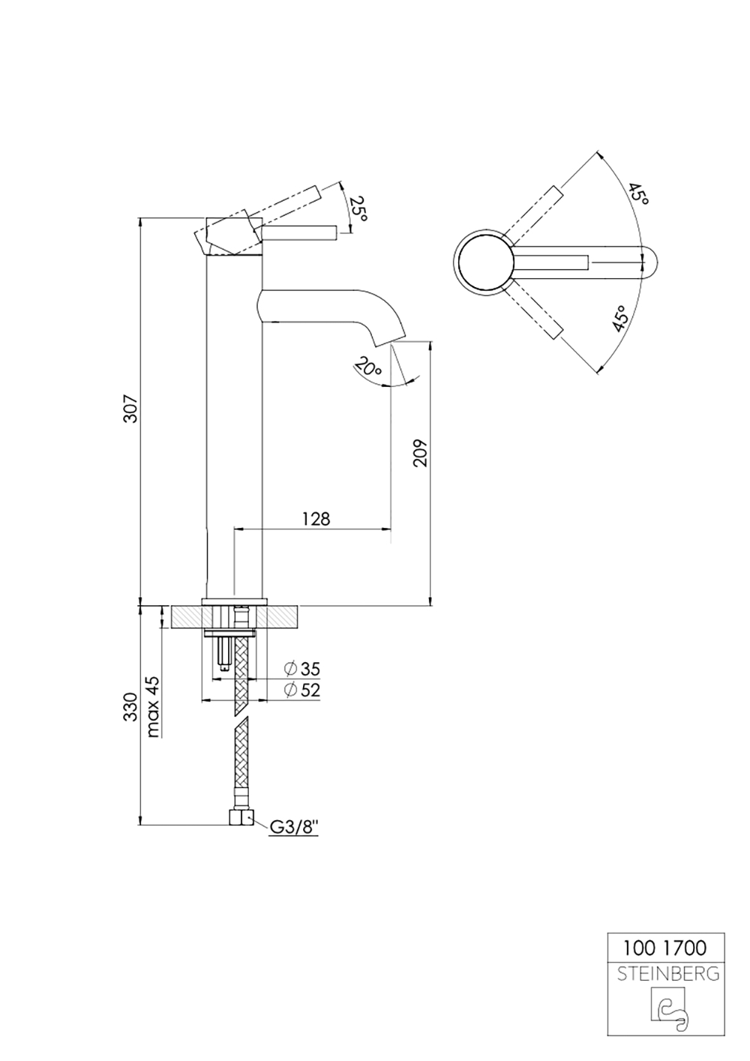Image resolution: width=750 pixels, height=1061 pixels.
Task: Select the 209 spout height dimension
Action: coord(420,452)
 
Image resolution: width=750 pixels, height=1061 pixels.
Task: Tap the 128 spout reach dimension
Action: coord(316,518)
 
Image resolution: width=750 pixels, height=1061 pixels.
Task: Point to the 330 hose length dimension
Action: coord(130,707)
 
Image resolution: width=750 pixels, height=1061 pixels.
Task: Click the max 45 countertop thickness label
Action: coord(153,707)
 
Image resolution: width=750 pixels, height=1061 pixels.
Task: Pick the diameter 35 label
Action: coord(302,668)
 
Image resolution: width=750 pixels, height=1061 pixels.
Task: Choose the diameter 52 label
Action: coord(302,690)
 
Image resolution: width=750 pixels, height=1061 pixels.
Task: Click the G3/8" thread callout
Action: coord(294,827)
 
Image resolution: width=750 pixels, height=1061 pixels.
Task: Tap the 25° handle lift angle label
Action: coord(359,208)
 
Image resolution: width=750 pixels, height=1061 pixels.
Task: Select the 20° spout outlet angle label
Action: coord(368,369)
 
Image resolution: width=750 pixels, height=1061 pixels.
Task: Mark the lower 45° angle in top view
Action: coord(619,319)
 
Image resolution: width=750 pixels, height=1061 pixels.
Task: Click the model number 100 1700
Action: coord(664,948)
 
